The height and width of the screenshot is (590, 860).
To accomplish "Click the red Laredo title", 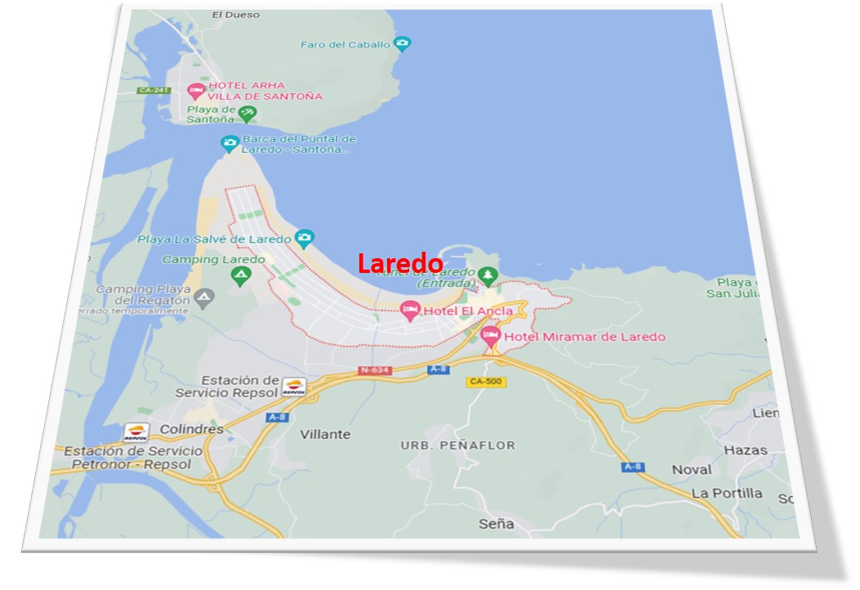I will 400,263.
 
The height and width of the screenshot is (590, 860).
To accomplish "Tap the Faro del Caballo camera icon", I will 402,44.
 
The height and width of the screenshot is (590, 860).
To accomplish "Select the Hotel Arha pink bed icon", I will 195,90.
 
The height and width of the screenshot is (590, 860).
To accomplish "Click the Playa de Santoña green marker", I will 247,114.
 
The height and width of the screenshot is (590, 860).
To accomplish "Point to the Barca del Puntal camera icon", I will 230,144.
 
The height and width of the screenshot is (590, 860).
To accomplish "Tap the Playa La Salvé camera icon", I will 304,239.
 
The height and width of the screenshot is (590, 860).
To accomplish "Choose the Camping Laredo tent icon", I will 240,276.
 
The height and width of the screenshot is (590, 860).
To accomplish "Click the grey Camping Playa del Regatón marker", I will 203,296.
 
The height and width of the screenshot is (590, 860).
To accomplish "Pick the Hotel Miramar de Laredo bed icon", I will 490,336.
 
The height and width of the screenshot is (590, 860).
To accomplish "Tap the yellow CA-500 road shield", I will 486,382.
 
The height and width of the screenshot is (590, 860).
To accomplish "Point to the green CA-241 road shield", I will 154,91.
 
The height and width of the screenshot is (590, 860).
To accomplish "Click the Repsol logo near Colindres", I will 136,432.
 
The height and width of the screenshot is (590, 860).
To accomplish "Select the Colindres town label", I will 192,429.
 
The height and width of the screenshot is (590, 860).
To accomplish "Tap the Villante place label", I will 325,434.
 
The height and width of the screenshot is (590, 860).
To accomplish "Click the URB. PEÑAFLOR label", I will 458,445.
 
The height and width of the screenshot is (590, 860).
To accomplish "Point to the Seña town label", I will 497,524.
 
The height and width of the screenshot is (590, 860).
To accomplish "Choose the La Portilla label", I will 727,493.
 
